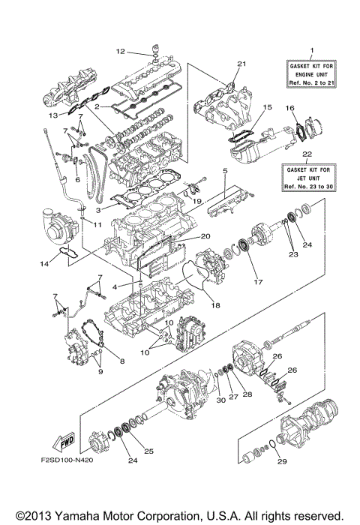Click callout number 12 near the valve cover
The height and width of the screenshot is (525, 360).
point(119,52)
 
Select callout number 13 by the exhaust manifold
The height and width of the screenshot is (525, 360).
point(53,117)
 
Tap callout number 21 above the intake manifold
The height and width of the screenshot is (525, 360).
point(241,63)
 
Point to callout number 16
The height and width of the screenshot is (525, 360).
point(289,109)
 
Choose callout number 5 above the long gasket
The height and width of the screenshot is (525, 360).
point(223,172)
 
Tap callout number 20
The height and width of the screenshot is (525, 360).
point(205,236)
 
